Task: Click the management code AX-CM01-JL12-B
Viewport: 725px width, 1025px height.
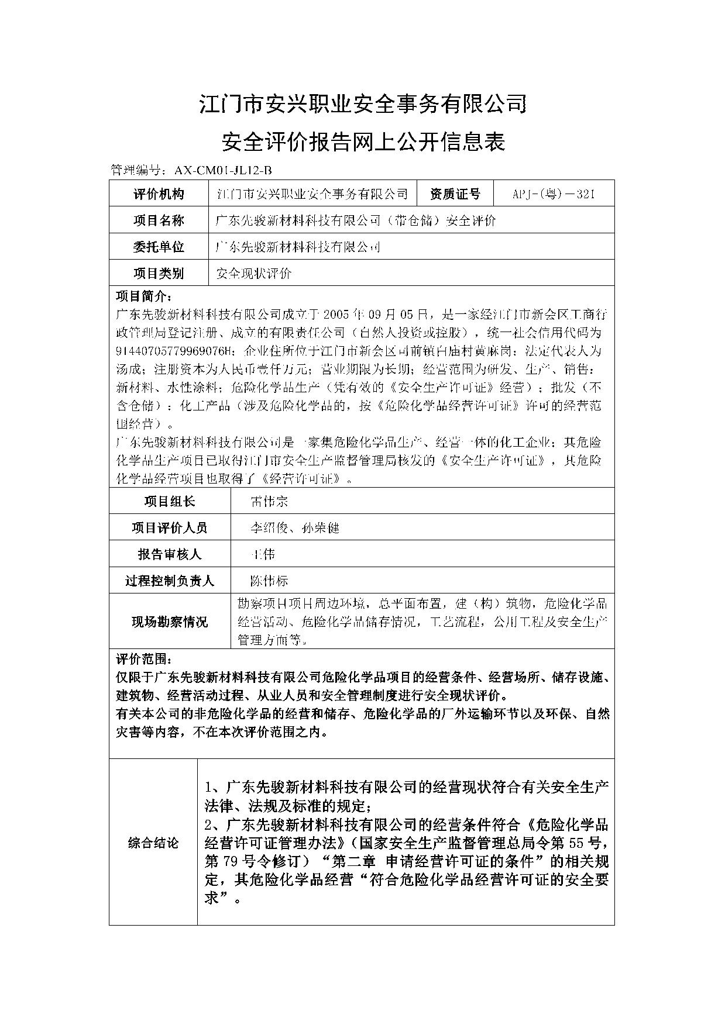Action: [x=224, y=170]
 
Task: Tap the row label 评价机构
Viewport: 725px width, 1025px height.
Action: [x=159, y=194]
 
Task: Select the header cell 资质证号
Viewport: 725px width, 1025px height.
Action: [x=455, y=194]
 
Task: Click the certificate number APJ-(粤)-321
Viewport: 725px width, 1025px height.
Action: [x=553, y=194]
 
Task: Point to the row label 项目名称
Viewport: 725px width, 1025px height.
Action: [x=159, y=220]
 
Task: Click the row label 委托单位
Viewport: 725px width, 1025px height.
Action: [x=159, y=247]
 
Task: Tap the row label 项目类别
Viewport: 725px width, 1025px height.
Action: [x=159, y=273]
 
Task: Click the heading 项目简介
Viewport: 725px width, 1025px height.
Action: [x=144, y=295]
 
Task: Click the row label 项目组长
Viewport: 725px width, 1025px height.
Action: [x=170, y=501]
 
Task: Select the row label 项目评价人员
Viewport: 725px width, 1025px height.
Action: [x=170, y=527]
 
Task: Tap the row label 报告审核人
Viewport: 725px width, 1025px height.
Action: [x=170, y=554]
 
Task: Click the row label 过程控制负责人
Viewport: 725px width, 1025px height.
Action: [x=170, y=581]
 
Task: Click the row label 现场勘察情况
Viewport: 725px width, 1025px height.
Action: [x=170, y=622]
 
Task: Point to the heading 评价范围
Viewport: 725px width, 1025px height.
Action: [x=144, y=660]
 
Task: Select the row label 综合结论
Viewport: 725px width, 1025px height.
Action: [x=153, y=843]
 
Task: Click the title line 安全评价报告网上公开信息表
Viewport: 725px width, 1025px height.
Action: [x=362, y=142]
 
